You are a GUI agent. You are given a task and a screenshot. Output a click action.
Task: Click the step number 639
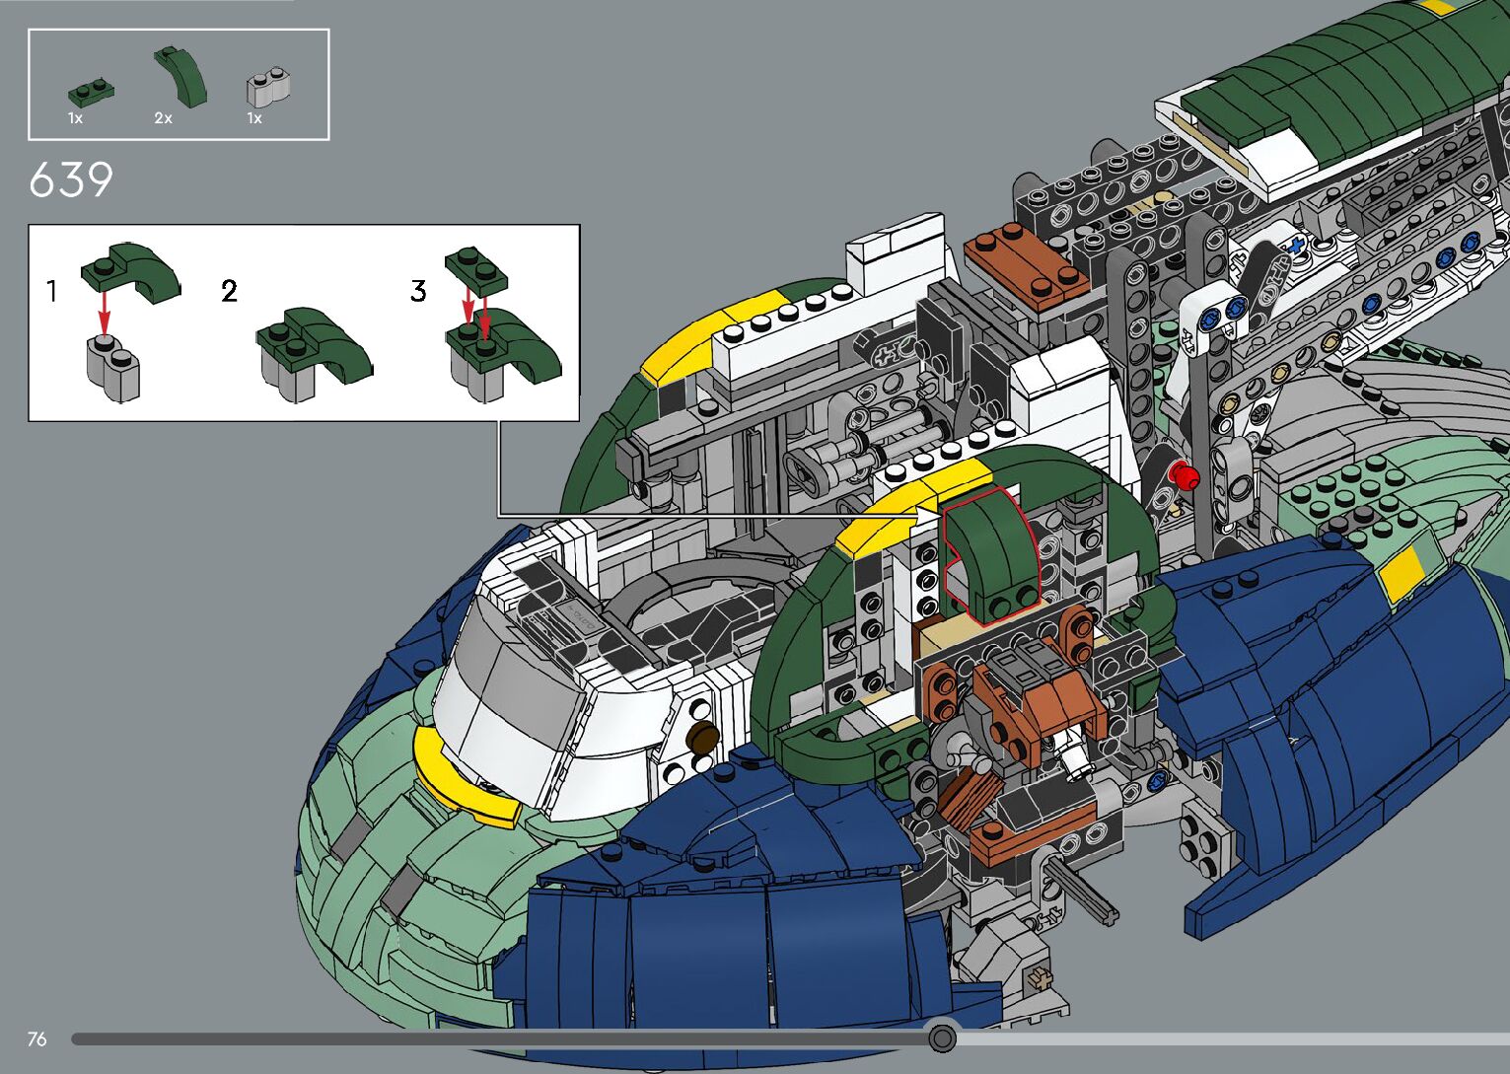(71, 180)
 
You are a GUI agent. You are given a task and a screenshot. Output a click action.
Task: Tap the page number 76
(37, 1038)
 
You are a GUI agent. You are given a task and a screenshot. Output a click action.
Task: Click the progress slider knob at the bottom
(942, 1038)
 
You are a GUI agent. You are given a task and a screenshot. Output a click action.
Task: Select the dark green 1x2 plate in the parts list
(91, 93)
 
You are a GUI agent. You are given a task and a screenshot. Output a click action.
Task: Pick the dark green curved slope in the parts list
(180, 76)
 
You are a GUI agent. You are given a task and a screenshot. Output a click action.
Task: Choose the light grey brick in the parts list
(269, 87)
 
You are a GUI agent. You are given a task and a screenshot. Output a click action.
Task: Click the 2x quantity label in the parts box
(163, 118)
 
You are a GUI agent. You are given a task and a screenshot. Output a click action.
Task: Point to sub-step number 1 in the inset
(51, 291)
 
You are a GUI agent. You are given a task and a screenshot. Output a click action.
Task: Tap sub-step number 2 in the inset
(229, 291)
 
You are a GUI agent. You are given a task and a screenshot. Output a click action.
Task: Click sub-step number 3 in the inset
(418, 291)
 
